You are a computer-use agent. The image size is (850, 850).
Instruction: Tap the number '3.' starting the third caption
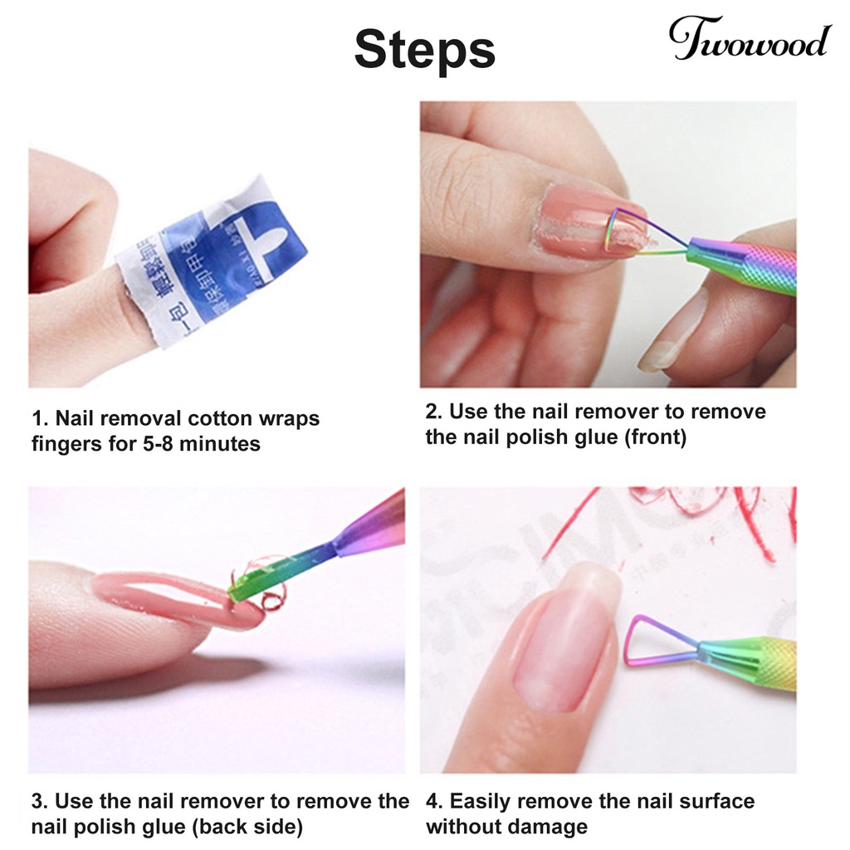39,801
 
